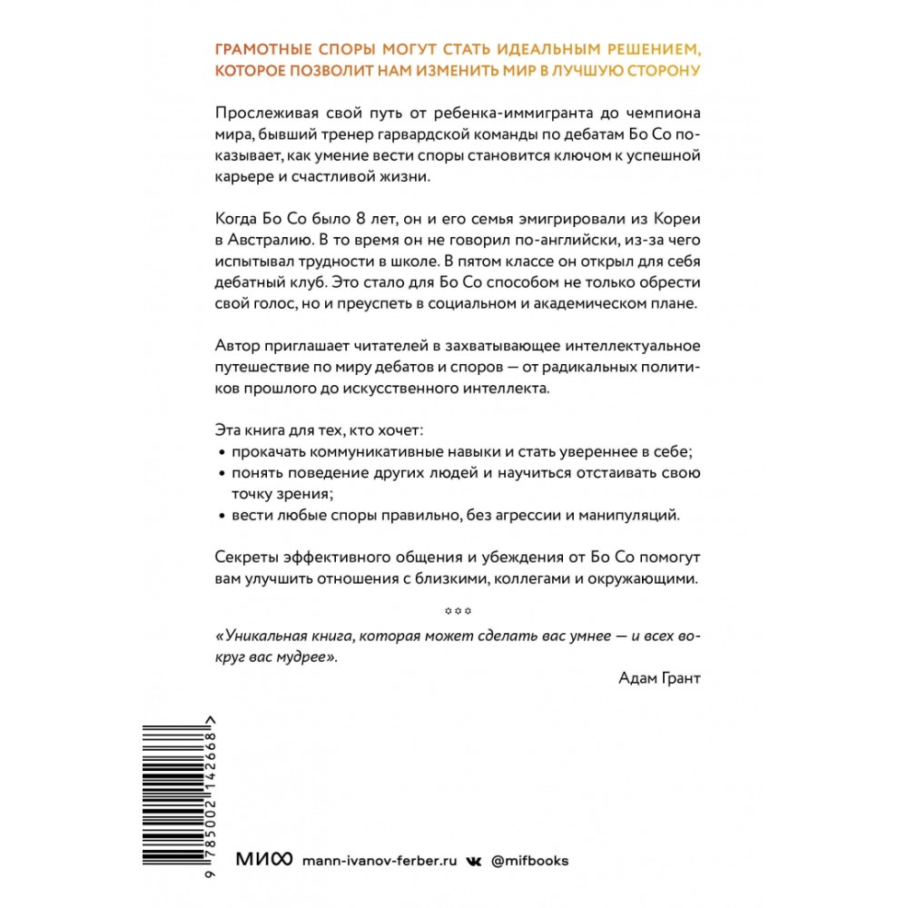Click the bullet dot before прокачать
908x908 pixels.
point(222,453)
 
